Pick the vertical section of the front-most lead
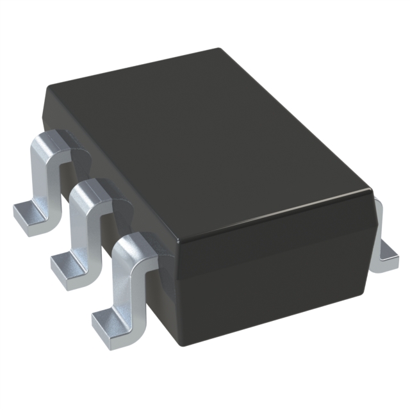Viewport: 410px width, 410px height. (x=122, y=282)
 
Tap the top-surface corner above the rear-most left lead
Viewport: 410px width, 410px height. (x=46, y=90)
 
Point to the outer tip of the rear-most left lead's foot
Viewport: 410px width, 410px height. (x=15, y=218)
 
